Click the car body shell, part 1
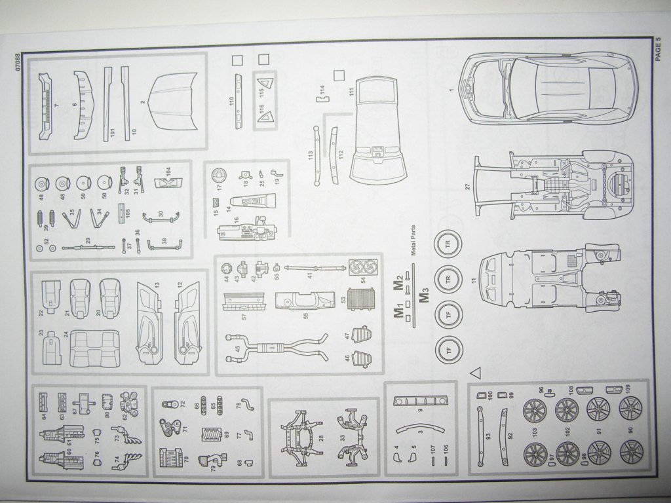pyautogui.click(x=548, y=88)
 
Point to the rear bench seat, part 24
pyautogui.click(x=95, y=348)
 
